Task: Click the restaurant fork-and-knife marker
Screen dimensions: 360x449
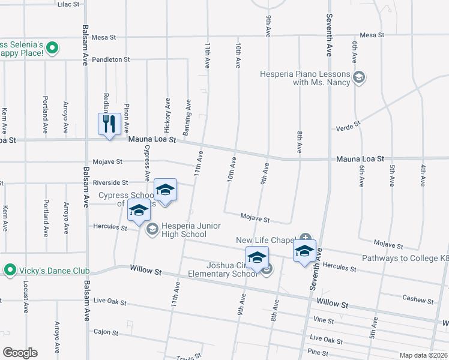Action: click(x=109, y=124)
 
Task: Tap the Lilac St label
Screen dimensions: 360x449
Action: click(x=68, y=4)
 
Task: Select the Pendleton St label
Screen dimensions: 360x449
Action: click(x=111, y=59)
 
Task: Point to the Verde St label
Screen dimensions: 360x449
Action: click(x=348, y=126)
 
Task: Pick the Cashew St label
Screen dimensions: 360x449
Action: click(x=418, y=299)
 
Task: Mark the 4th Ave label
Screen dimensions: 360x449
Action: click(x=423, y=174)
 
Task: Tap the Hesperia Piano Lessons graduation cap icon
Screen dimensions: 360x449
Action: click(x=359, y=77)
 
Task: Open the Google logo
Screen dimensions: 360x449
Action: click(x=20, y=353)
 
